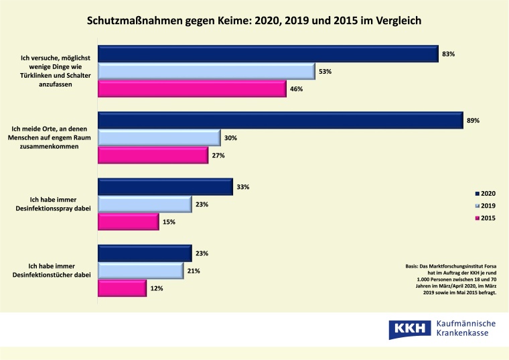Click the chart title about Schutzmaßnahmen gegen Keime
point(254,19)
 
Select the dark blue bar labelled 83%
point(268,54)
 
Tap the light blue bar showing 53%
point(206,71)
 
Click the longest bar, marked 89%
point(281,121)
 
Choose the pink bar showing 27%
point(153,156)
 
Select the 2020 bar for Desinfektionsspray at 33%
point(165,187)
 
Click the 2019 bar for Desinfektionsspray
point(145,204)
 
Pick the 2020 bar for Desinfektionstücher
point(145,253)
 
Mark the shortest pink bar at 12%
point(122,288)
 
